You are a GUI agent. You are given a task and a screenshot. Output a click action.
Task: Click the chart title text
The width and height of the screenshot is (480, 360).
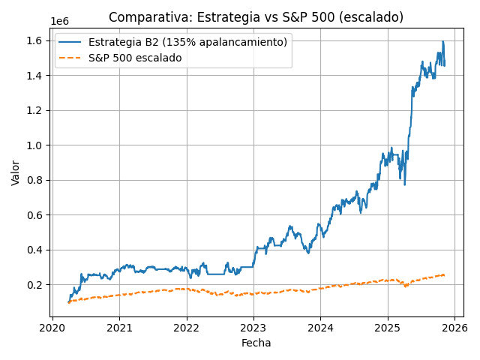[256, 17]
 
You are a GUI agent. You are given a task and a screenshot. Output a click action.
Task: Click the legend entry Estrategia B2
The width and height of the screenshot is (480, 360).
[187, 42]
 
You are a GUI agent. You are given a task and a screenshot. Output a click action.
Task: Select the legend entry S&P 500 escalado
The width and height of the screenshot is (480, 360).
[135, 58]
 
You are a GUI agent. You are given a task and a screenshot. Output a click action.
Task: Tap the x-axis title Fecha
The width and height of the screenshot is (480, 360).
[256, 343]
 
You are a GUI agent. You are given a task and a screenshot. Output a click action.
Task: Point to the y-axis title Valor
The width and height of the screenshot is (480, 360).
[16, 172]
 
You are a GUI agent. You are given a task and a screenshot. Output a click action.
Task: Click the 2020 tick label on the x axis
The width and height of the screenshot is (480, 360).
[52, 328]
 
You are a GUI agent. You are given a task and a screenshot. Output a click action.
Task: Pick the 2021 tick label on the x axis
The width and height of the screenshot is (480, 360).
[119, 328]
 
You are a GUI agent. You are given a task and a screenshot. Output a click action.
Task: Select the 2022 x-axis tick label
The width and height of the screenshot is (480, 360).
[186, 328]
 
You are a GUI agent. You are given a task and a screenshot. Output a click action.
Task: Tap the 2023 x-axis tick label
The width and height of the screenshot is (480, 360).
[253, 328]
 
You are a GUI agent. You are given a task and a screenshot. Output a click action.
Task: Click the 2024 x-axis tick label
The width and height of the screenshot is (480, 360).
[320, 328]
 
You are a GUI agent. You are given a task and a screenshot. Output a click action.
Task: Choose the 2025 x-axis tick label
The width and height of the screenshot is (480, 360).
[388, 328]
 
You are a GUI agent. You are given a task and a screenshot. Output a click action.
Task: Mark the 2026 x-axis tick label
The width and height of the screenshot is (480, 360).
[454, 328]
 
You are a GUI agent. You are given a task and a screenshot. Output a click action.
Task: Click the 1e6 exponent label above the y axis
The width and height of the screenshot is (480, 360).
[59, 22]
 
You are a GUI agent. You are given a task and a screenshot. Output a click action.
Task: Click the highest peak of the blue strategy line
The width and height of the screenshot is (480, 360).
[442, 41]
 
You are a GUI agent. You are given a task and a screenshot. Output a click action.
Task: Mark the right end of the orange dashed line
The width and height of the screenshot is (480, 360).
[445, 274]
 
